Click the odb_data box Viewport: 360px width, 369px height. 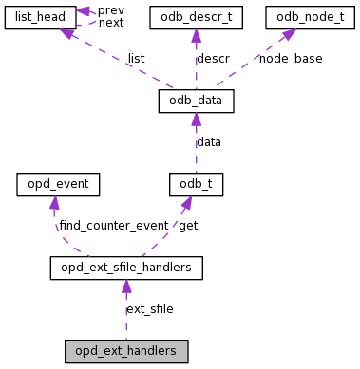[x=196, y=100]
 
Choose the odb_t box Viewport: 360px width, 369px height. [x=196, y=183]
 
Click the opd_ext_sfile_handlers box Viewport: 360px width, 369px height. [x=125, y=268]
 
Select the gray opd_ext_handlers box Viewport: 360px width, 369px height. [x=125, y=351]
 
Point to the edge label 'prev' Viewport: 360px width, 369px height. [x=111, y=9]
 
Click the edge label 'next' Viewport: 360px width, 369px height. [x=111, y=22]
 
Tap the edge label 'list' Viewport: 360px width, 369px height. [x=136, y=58]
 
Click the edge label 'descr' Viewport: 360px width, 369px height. [x=214, y=58]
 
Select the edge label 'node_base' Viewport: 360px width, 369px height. [x=291, y=58]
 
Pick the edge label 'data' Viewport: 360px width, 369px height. [x=209, y=141]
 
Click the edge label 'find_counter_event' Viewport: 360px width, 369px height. [x=113, y=226]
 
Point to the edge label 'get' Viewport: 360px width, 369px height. [x=188, y=226]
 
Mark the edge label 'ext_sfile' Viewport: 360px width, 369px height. [x=149, y=309]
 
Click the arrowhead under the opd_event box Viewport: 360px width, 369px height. [x=55, y=202]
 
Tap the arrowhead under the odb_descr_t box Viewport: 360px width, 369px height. [x=195, y=35]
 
